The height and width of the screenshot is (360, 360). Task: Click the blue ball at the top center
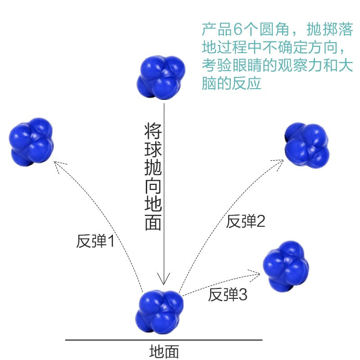(161, 77)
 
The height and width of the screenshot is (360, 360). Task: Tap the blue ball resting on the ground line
(160, 311)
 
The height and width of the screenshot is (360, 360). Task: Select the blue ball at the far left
(31, 142)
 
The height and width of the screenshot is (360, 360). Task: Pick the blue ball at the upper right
(307, 145)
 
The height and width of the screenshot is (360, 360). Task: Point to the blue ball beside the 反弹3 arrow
(286, 266)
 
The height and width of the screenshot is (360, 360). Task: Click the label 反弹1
(95, 241)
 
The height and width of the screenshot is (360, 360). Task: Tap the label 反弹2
(245, 221)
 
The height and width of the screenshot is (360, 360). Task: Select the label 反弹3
(228, 295)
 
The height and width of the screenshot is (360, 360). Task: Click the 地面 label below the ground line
(164, 351)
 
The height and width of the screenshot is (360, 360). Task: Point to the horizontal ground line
(164, 340)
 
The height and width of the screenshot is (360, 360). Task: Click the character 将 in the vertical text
(153, 131)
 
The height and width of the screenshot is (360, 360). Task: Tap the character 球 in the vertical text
(153, 149)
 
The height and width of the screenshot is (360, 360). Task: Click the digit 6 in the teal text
(238, 29)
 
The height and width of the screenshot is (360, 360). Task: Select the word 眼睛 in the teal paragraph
(247, 65)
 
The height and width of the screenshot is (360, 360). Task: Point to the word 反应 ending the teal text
(247, 83)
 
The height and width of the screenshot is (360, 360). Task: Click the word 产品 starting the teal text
(217, 29)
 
